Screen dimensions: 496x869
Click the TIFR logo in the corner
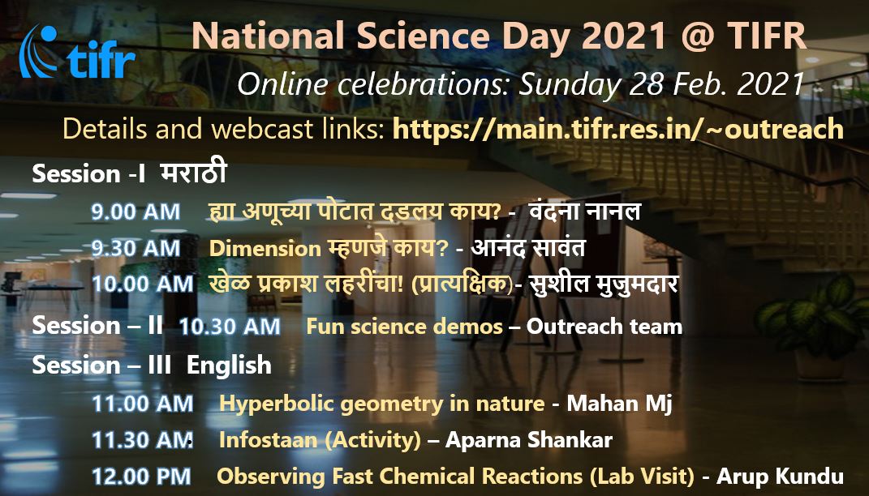(x=78, y=51)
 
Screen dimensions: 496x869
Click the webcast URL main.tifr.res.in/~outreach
(x=617, y=129)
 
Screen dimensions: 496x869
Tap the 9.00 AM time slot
(x=136, y=212)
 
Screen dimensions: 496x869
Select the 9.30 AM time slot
(x=136, y=248)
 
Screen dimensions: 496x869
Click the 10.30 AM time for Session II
(x=230, y=327)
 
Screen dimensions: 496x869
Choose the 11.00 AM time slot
(x=142, y=403)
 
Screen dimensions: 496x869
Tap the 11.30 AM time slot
(x=142, y=440)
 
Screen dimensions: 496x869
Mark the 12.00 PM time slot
(x=142, y=477)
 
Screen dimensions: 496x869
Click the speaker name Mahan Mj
(x=620, y=403)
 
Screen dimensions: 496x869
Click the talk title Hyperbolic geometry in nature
(x=381, y=403)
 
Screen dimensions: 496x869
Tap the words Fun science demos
(x=404, y=327)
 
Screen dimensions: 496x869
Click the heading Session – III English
(x=152, y=365)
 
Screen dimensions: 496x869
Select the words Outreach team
(x=604, y=327)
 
